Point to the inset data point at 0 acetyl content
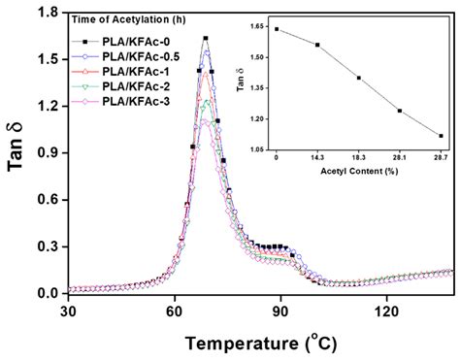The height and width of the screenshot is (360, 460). [x=277, y=29]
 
